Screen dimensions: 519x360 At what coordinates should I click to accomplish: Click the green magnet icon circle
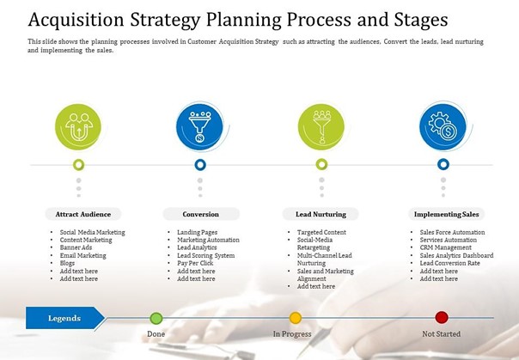coord(78,126)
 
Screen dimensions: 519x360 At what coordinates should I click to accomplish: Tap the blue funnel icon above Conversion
coord(199,127)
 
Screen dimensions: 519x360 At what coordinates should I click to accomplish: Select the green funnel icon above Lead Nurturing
coord(321,126)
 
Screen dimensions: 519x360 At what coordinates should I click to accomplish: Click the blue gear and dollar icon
coord(443,127)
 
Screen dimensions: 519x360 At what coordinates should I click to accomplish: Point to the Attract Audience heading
coord(83,214)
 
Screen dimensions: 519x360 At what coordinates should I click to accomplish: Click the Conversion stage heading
coord(200,214)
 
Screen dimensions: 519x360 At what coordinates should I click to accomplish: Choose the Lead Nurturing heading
coord(321,214)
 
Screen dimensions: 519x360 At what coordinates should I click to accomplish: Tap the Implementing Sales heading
coord(447,214)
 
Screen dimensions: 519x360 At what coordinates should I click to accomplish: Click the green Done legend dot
coord(156,318)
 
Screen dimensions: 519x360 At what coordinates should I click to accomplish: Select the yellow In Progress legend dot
coord(296,318)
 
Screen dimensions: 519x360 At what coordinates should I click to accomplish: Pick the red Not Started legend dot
coord(442,317)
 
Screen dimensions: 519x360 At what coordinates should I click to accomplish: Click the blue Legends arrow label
coord(65,318)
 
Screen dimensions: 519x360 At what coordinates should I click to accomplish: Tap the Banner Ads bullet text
coord(76,247)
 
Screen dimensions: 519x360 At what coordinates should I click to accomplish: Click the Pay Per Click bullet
coord(195,263)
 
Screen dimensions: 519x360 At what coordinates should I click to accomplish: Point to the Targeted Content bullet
coord(321,232)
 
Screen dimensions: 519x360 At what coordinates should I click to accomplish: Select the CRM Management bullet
coord(445,247)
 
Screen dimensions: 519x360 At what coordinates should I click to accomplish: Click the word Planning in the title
coord(244,20)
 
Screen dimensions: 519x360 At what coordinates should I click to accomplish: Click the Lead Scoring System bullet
coord(206,255)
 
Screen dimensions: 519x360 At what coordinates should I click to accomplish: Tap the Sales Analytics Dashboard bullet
coord(456,255)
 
